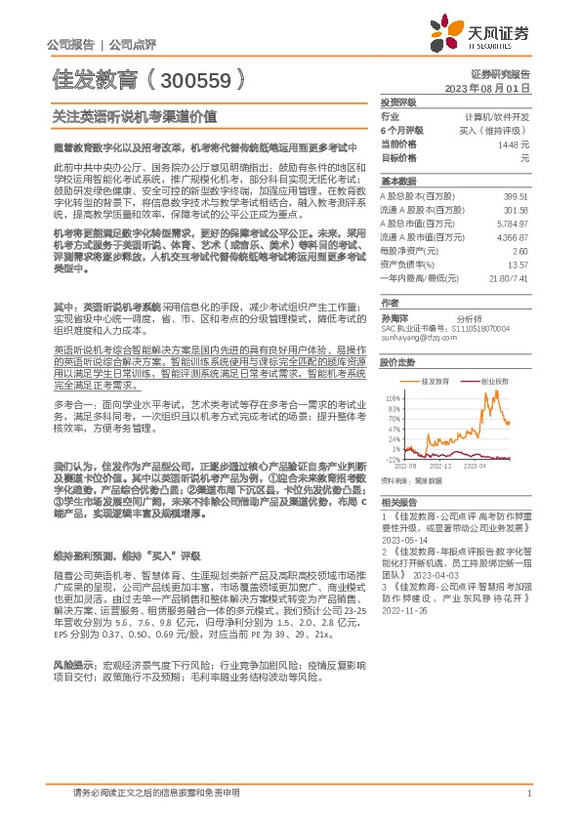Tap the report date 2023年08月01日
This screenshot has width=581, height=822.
tap(486, 88)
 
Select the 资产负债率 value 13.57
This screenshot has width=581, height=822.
tap(519, 264)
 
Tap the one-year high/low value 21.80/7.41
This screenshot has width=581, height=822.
tap(508, 277)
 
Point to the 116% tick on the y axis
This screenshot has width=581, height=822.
tap(393, 398)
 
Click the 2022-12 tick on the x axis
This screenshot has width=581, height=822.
tap(441, 467)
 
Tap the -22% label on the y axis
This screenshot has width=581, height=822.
tap(393, 459)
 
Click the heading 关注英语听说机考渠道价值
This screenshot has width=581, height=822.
tap(134, 114)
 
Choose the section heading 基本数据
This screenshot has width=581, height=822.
tap(397, 182)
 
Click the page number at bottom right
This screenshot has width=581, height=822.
tap(527, 794)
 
